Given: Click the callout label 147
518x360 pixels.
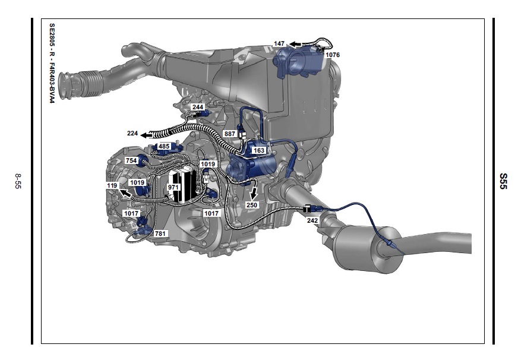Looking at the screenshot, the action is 279,43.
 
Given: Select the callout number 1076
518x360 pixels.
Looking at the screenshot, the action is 332,55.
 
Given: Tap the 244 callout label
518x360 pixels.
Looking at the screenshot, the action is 198,107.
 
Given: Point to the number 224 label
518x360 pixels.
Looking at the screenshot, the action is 132,134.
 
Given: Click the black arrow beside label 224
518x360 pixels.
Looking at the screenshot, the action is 148,135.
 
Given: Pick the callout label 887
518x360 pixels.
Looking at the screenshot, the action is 230,134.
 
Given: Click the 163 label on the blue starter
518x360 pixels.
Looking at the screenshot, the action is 258,150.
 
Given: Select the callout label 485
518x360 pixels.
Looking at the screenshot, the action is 164,146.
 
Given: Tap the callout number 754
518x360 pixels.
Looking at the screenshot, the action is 131,160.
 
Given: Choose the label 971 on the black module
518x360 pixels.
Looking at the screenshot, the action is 173,187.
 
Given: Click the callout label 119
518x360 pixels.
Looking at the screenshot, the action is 112,185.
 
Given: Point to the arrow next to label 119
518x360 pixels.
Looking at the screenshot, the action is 125,193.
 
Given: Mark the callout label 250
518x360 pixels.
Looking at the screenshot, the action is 252,205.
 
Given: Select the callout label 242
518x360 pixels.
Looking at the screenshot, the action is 312,220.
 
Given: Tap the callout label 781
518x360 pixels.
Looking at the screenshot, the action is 160,233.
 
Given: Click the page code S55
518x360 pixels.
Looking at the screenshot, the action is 503,181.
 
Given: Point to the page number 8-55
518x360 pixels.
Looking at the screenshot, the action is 18,181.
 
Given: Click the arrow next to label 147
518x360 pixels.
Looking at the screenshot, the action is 295,44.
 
